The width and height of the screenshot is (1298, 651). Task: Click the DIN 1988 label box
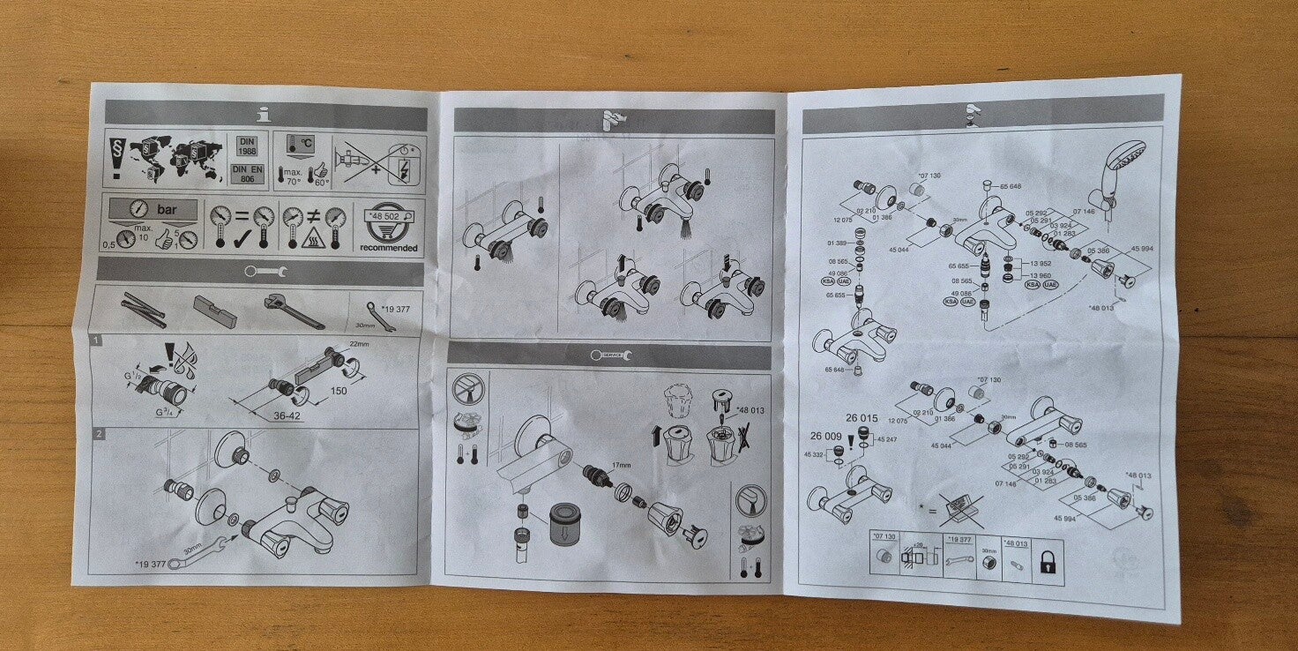(247, 146)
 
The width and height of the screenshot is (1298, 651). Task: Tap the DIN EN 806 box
(247, 173)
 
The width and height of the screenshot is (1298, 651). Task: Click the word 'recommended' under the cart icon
(389, 248)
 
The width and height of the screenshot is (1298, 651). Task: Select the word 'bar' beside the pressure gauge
(166, 210)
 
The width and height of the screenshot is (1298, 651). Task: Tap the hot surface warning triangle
(312, 240)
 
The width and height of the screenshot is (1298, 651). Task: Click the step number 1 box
(95, 339)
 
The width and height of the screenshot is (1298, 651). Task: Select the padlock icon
(1047, 562)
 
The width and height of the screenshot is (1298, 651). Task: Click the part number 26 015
(862, 418)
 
